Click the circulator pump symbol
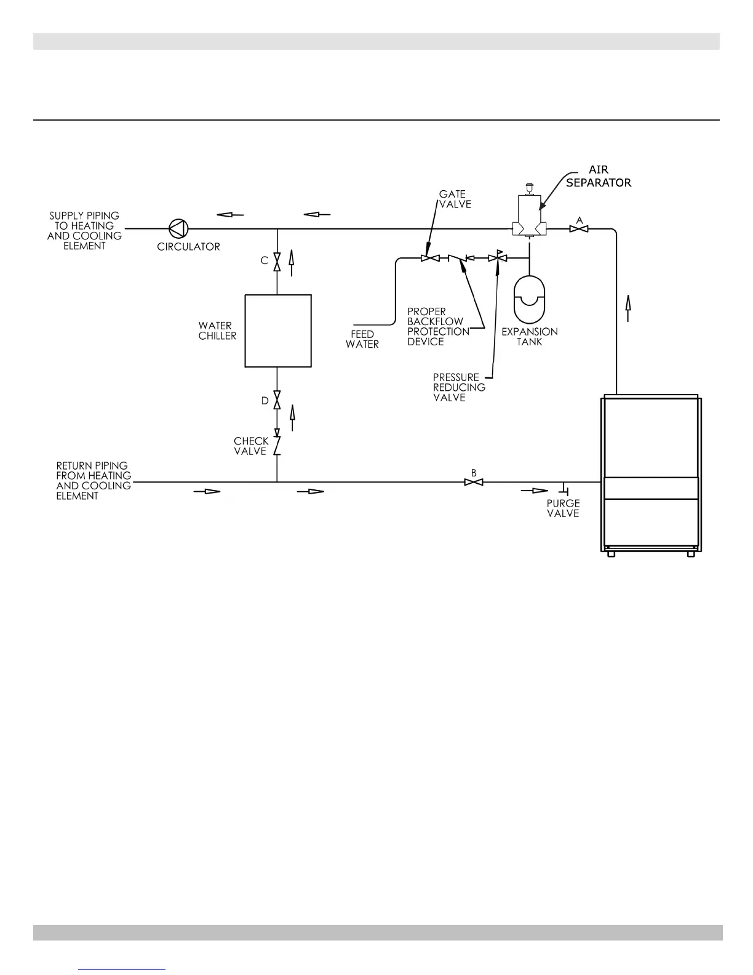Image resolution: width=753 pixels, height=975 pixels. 179,228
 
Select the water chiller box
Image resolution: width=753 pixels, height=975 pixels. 278,331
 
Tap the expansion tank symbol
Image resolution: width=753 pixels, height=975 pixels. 529,300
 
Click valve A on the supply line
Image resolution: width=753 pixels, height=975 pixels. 578,229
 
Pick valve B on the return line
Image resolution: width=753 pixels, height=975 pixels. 473,482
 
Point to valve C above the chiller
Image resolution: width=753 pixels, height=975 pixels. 277,261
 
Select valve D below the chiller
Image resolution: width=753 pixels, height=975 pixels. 277,401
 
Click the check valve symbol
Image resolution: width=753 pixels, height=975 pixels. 277,444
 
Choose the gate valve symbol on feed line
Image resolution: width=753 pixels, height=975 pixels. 429,258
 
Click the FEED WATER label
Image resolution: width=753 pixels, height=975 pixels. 362,339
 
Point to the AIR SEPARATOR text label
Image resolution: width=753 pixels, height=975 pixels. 598,176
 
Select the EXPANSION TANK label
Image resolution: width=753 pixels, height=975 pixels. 530,336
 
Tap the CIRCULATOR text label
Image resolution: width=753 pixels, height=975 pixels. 188,247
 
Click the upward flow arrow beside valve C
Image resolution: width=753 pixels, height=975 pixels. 292,262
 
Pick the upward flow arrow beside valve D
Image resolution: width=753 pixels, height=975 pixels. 292,417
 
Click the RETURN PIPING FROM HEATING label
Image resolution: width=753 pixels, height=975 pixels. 94,481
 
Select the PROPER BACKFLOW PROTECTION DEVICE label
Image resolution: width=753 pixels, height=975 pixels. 438,327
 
